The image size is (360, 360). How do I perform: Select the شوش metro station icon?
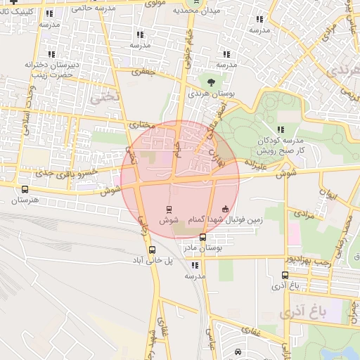point(168,209)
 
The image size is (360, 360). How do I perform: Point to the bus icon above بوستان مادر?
point(203,237)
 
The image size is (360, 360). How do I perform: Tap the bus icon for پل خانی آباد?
point(152,249)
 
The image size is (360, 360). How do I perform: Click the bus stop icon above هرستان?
point(26,189)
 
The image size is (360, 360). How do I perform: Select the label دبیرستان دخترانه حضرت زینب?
point(50,69)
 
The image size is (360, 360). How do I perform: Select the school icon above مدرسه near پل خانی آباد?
point(195,265)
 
